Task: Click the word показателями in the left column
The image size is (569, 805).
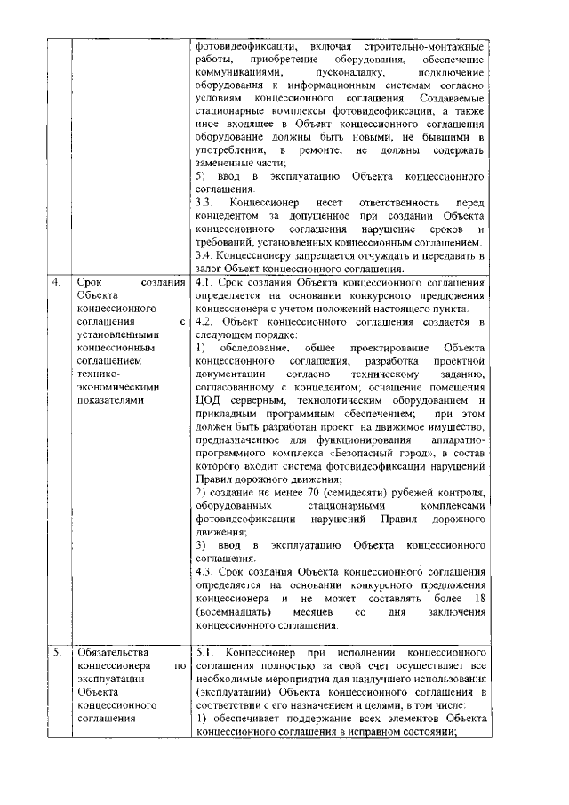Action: click(111, 400)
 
